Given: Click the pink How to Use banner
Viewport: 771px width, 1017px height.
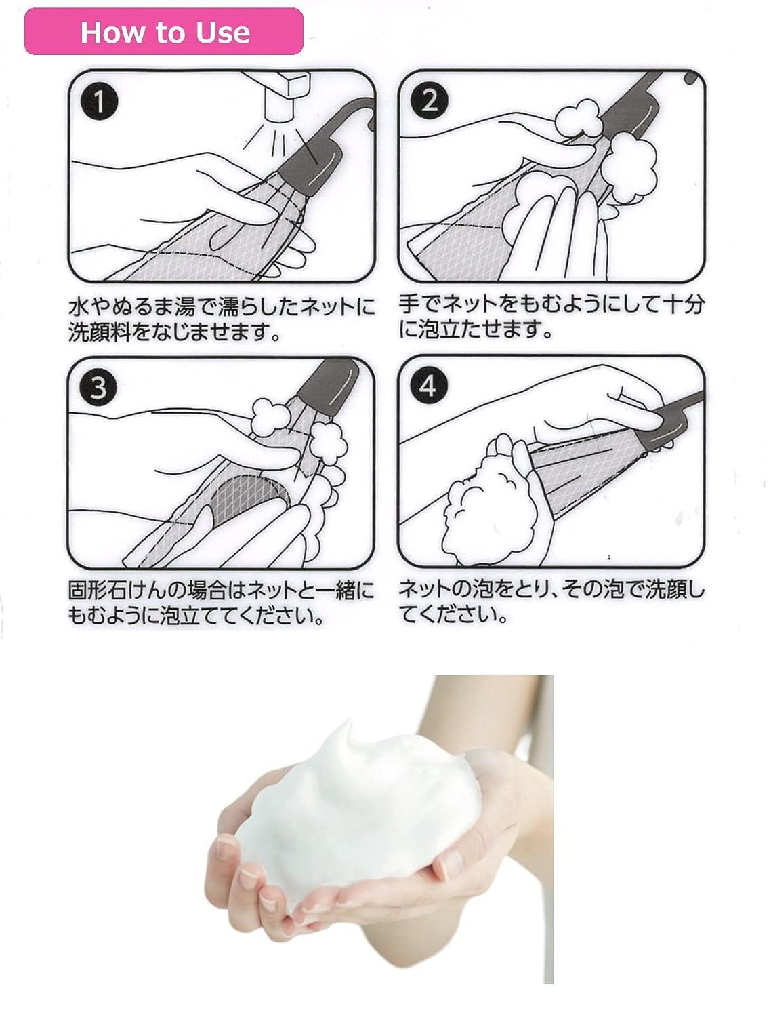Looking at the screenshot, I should [x=163, y=32].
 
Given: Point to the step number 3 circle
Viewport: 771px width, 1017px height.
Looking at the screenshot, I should [x=99, y=388].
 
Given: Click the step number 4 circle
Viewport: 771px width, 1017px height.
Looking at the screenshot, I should [x=428, y=386].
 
